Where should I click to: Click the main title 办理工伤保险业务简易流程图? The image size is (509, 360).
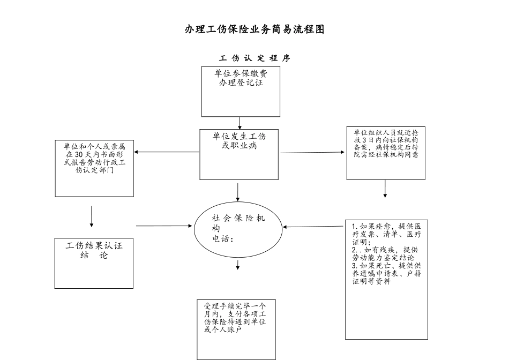coord(254,29)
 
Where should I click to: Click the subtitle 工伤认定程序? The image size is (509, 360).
coord(255,58)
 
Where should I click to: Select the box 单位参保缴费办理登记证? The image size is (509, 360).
coord(241,91)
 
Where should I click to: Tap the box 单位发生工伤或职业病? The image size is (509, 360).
coord(239,154)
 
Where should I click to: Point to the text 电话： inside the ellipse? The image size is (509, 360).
coord(223,239)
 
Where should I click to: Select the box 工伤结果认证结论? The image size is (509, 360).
coord(94,264)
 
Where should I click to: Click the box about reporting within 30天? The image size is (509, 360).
coord(94,168)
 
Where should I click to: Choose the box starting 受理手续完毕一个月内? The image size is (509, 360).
coord(236,329)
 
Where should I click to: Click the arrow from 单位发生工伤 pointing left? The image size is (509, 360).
coord(166,152)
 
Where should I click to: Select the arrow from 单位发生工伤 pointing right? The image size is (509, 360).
coord(313,153)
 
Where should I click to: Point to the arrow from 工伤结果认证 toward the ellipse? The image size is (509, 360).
coord(163,226)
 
